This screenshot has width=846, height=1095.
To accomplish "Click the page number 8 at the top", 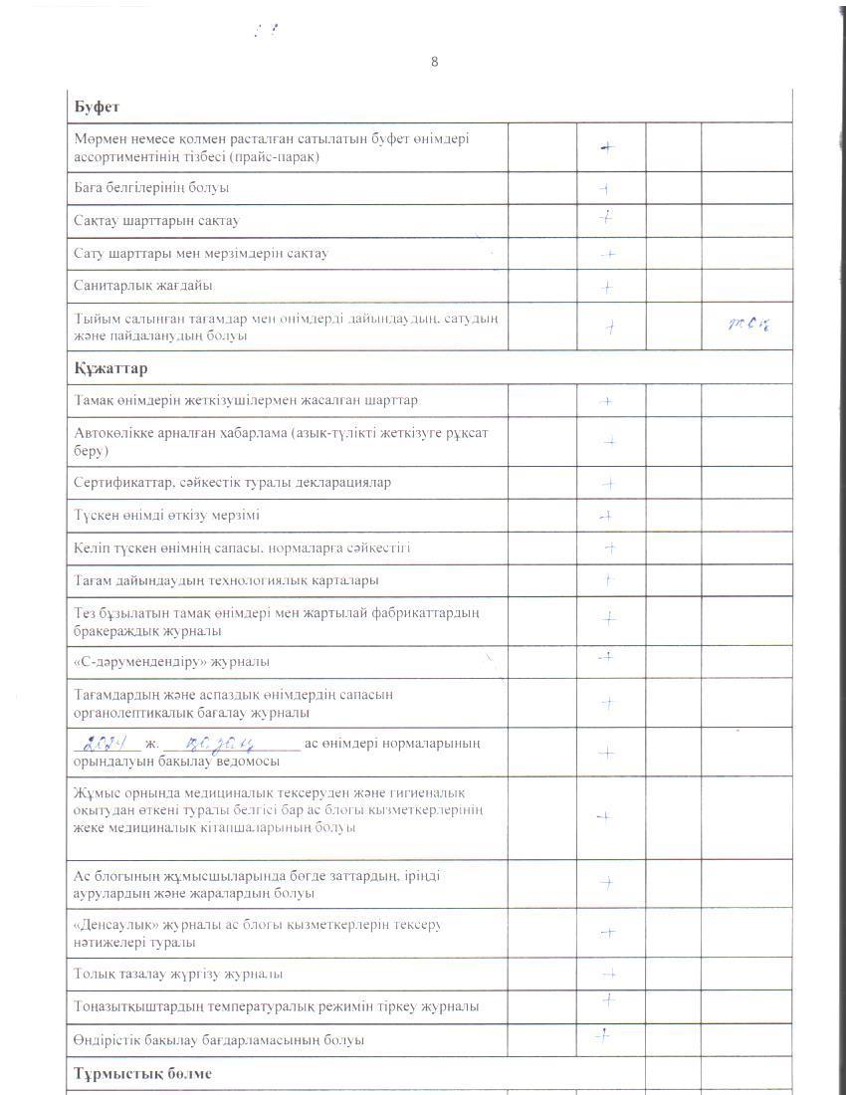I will coord(434,62).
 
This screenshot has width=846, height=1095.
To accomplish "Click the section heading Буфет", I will coord(97,106).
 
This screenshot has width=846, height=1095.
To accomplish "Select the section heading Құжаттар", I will coord(110,368).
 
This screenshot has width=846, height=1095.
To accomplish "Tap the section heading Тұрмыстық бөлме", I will coord(142,1074).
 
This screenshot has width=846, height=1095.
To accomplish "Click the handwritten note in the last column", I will coord(750,324).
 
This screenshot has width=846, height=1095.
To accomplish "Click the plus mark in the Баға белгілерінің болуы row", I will coord(604,188).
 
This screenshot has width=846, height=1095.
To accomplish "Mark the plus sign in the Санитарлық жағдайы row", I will coord(607,288).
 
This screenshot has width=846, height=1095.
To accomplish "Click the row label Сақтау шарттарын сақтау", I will coord(156,220).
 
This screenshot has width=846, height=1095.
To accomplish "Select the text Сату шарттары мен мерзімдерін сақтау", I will coord(201,253).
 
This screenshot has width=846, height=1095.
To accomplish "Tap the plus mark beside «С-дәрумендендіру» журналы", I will coord(604,656).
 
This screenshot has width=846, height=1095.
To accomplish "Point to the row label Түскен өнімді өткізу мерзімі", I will coord(167,515).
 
